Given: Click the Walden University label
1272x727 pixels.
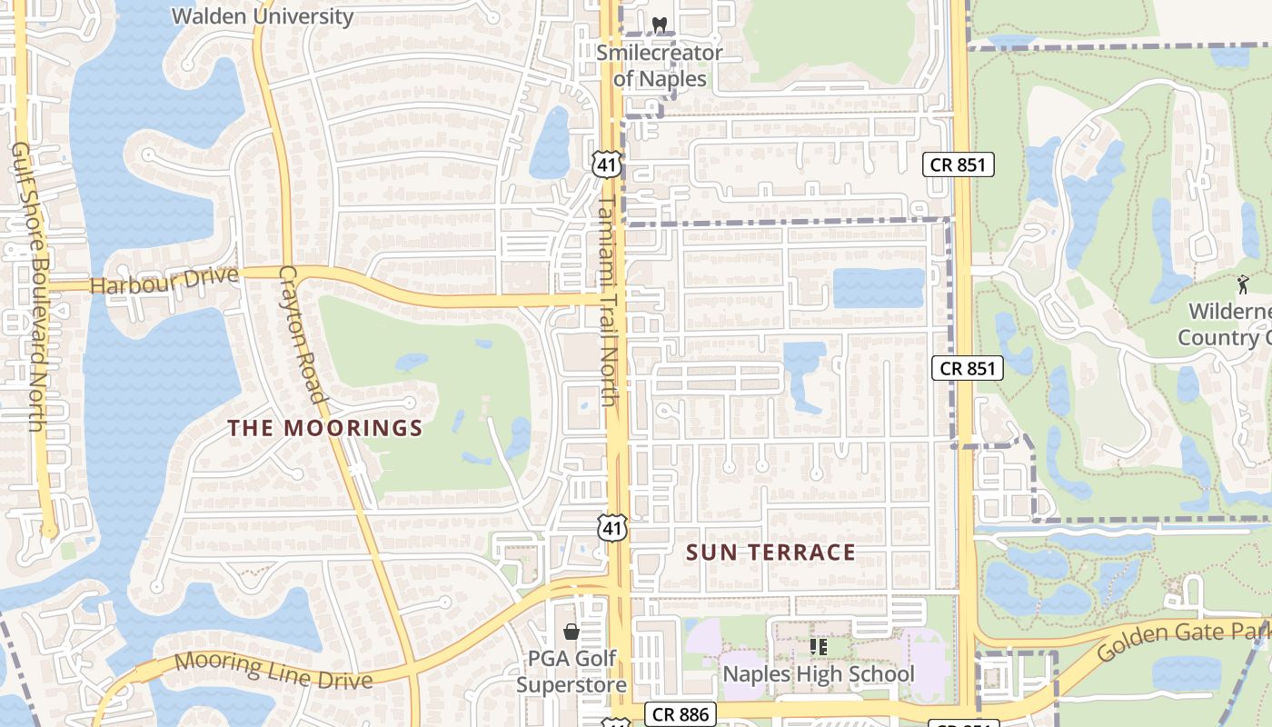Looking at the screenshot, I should tap(262, 16).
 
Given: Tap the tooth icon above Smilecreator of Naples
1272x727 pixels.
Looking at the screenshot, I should tap(660, 25).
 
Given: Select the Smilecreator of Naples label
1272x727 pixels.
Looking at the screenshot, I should tap(660, 65).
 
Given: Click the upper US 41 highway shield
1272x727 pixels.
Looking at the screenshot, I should tap(605, 164).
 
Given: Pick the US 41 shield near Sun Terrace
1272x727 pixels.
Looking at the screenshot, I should tap(612, 528).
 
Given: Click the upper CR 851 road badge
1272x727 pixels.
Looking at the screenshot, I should tap(959, 164).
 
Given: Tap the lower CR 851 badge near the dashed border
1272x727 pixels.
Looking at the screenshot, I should tap(968, 368).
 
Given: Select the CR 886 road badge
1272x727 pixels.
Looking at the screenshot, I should tap(681, 714).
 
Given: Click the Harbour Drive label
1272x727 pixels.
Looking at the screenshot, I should tap(164, 281).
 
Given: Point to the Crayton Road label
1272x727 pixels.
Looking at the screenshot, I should tap(303, 334).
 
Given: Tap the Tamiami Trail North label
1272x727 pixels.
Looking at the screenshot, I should tap(609, 300).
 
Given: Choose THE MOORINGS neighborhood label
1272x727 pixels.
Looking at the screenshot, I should tap(325, 428).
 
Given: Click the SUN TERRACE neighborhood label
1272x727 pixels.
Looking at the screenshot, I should tap(770, 553).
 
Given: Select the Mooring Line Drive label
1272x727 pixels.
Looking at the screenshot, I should tap(273, 671).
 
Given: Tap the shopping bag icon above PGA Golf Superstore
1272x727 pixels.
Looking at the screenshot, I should tap(571, 631).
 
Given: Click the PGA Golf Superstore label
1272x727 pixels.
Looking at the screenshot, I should tap(571, 672).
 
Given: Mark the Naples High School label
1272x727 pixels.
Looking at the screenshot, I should tap(819, 674).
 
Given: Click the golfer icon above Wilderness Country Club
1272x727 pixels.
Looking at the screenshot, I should tap(1243, 284).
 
